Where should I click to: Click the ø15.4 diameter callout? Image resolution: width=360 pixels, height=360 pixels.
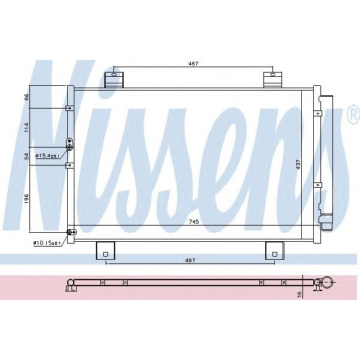(x=47, y=156)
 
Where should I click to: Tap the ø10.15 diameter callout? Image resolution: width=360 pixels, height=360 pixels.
(x=47, y=243)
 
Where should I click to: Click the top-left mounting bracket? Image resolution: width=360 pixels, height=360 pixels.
(x=113, y=79)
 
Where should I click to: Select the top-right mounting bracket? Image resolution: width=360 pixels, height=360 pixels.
(x=272, y=79)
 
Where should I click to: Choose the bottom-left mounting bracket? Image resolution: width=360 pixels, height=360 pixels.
(x=105, y=250)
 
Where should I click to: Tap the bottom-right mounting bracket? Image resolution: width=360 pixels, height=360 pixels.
(x=274, y=250)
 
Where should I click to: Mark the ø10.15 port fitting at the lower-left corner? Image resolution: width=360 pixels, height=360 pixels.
(x=70, y=232)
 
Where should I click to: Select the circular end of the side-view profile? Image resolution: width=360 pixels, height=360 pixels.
(x=328, y=282)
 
